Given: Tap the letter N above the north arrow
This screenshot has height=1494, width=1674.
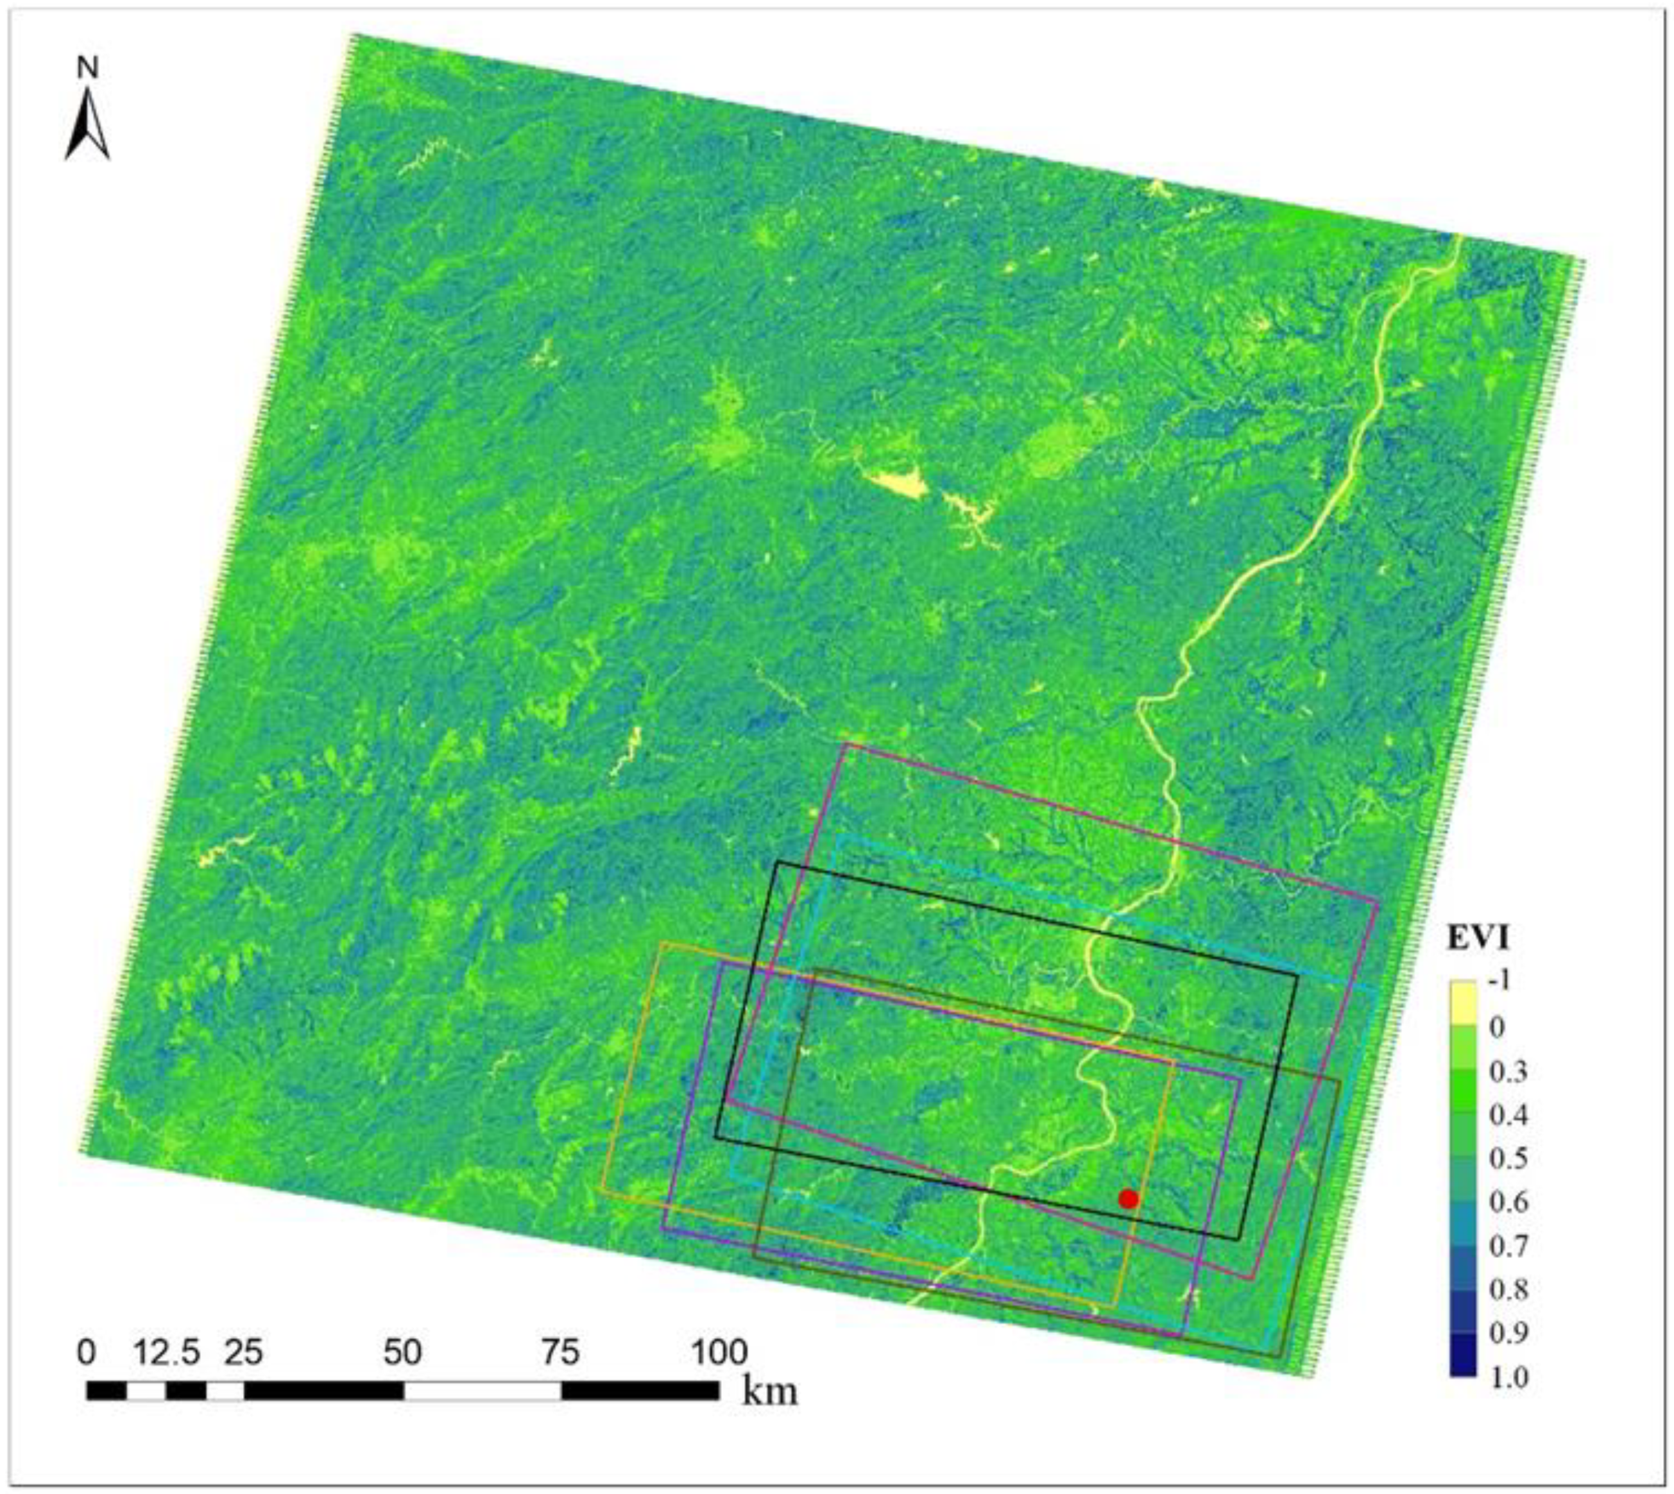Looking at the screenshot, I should click(x=88, y=68).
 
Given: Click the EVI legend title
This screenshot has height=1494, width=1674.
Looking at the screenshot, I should click(x=1478, y=937).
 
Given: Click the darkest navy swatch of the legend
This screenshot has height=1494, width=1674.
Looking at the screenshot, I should click(x=1463, y=1354).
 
